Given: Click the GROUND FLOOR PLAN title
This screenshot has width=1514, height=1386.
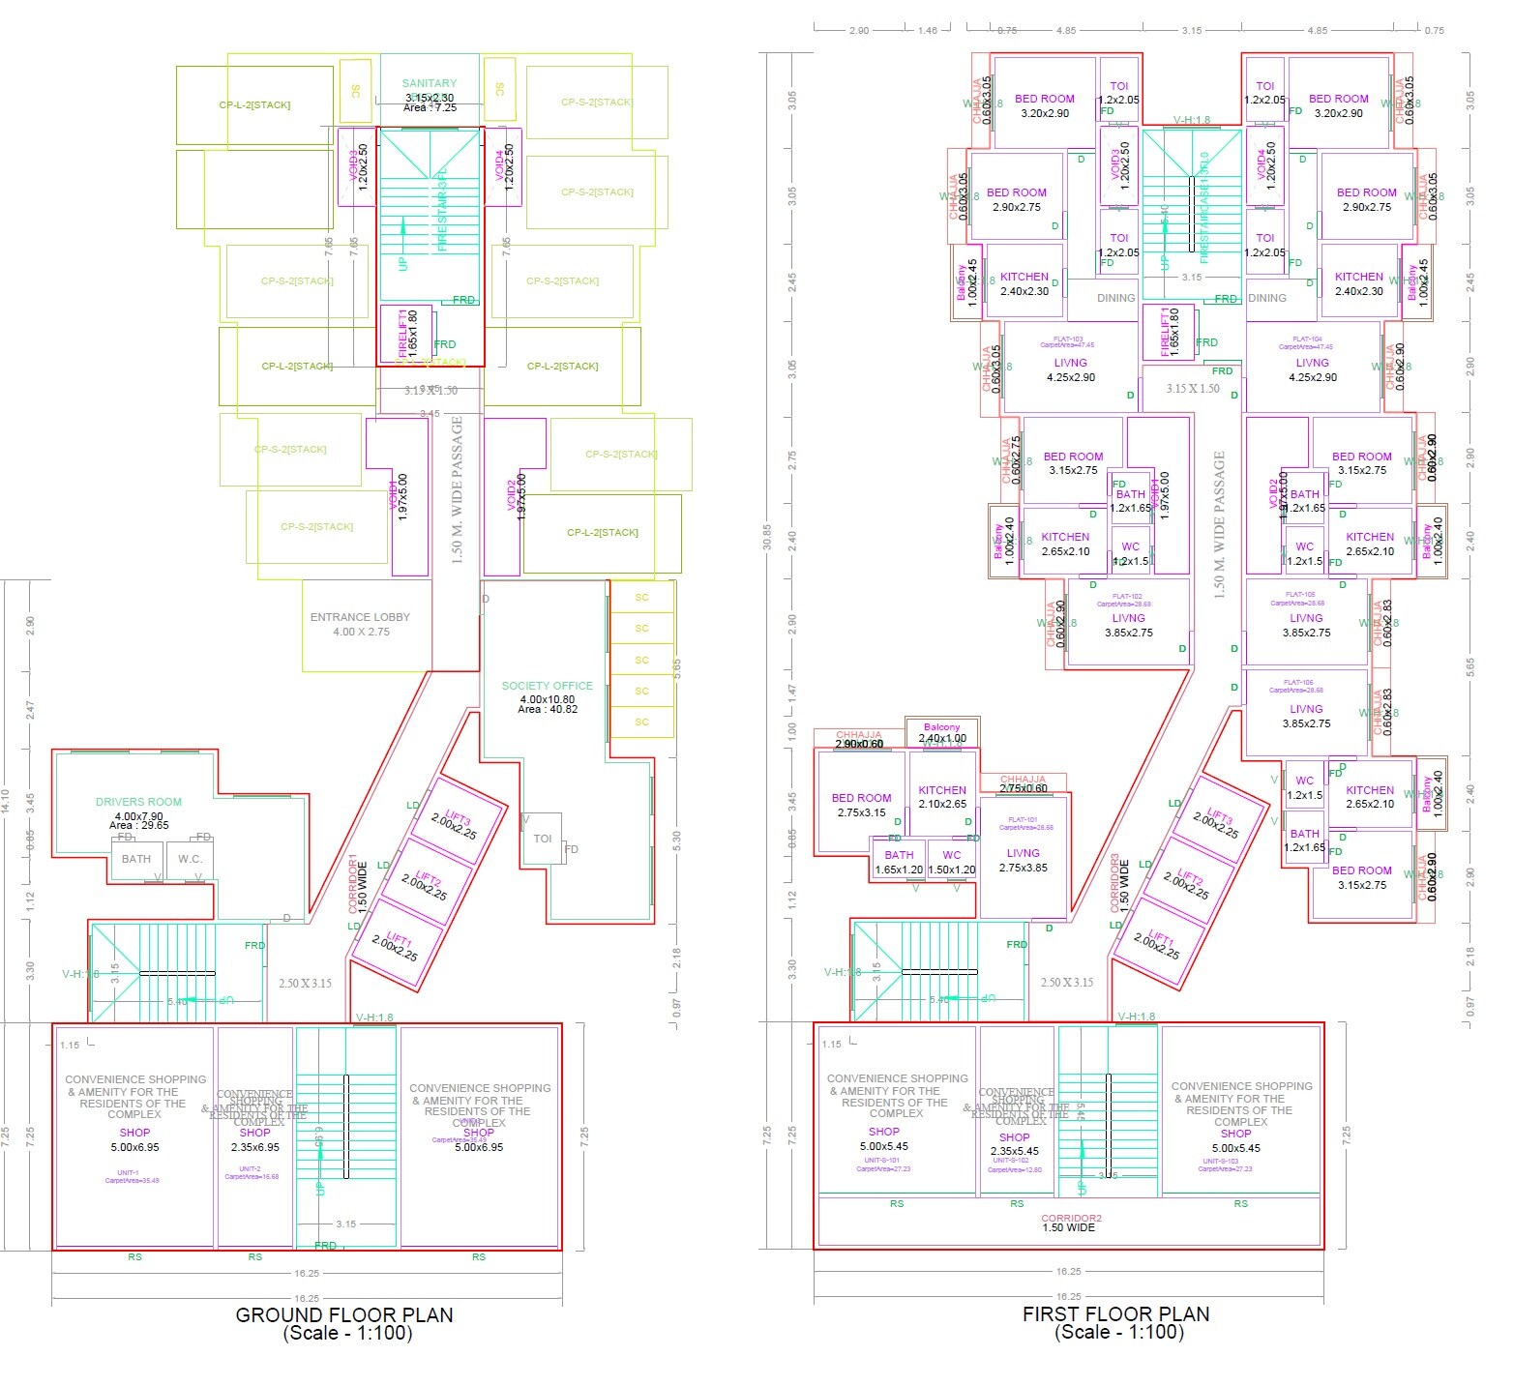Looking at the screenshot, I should (344, 1314).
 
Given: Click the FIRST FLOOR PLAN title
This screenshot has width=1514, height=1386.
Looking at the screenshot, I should (1115, 1313).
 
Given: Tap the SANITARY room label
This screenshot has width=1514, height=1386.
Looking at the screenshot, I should (430, 84).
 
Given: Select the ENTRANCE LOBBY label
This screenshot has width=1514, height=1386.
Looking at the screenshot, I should (360, 617).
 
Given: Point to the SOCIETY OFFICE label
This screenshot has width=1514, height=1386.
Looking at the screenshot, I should (547, 686).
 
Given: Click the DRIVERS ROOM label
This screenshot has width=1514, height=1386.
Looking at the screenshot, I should (138, 802).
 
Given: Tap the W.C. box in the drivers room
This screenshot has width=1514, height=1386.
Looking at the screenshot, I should (190, 859).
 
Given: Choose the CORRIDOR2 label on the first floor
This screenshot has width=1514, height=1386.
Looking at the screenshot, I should (1071, 1219).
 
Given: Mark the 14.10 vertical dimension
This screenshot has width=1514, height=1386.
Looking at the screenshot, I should (6, 801).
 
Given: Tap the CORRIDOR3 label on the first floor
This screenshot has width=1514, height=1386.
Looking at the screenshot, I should (1115, 882).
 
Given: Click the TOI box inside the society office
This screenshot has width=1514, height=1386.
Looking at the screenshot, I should (543, 839).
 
